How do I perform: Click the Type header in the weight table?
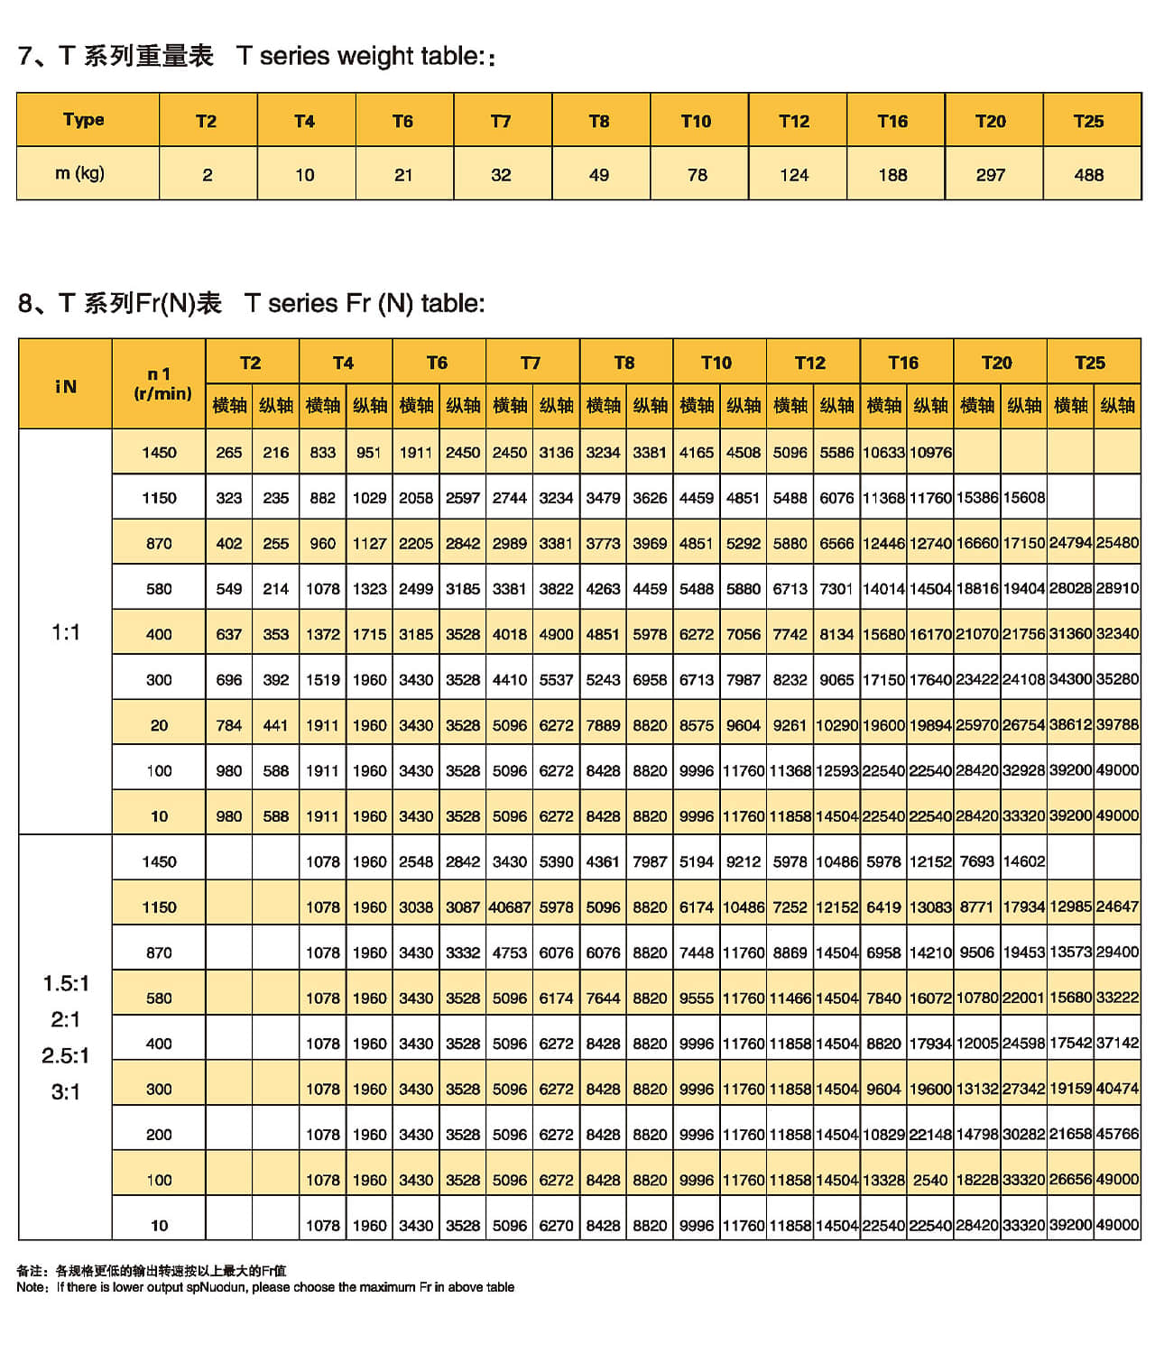[84, 120]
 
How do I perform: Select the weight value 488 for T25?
[1089, 175]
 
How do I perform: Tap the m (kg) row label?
[80, 173]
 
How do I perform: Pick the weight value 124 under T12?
[794, 175]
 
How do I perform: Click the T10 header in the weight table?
[696, 121]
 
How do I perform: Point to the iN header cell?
[66, 386]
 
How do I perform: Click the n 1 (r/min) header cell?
[162, 383]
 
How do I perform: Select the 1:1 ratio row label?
[65, 632]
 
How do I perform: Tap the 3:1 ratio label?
[65, 1092]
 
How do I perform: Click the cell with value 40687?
[509, 907]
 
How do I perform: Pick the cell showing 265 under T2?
[229, 453]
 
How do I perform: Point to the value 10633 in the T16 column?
[883, 453]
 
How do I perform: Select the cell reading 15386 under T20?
[977, 498]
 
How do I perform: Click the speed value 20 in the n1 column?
[159, 725]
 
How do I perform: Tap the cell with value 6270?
[556, 1226]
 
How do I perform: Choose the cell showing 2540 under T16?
[930, 1180]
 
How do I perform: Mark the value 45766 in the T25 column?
[1117, 1134]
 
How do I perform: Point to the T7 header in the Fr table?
[531, 363]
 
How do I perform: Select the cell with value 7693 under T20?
[977, 861]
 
